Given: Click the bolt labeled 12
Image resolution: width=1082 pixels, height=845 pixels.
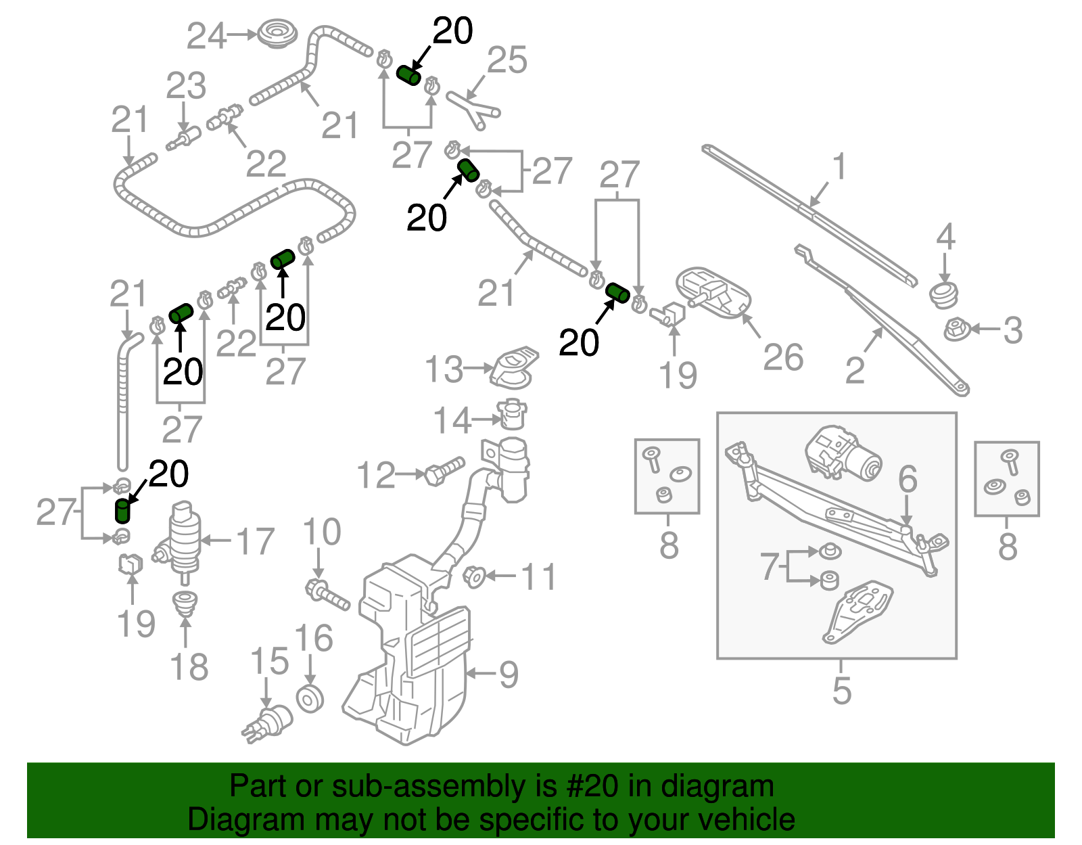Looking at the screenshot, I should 444,470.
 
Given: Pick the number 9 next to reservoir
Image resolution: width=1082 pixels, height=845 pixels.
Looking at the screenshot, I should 508,674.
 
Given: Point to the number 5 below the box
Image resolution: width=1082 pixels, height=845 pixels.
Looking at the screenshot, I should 841,690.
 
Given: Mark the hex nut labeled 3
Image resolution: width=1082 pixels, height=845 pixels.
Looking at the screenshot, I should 956,331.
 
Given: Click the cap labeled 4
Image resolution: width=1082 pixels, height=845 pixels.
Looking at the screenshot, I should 944,294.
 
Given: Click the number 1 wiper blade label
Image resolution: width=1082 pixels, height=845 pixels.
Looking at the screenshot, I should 839,166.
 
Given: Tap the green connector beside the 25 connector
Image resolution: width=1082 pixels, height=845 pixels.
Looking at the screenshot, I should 408,76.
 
